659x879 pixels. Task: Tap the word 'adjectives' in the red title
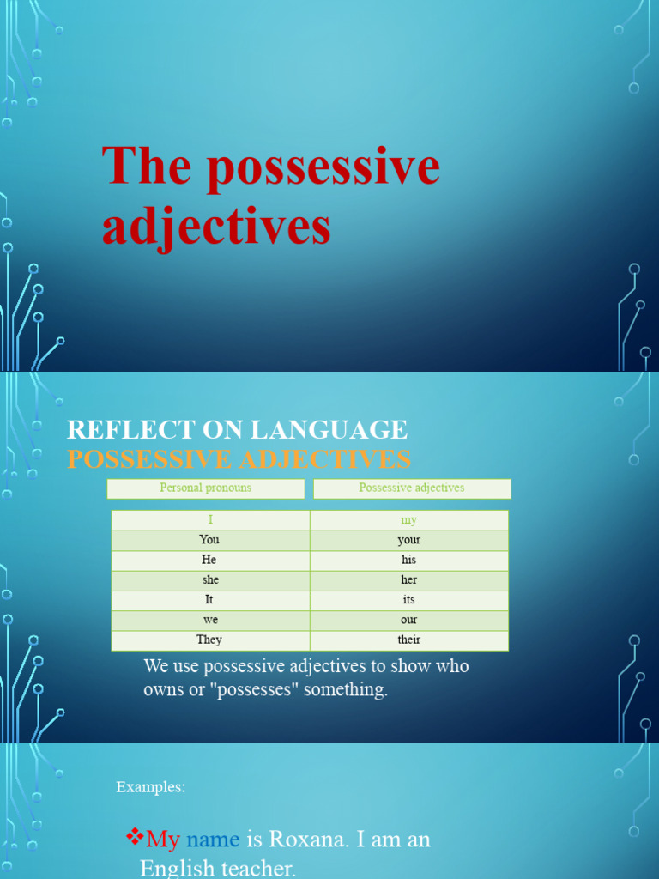coord(216,227)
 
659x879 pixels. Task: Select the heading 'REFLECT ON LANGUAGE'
coord(237,429)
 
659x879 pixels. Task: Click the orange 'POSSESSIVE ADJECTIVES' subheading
coord(239,459)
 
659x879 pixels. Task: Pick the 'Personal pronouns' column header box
coord(206,488)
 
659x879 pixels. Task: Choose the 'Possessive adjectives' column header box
coord(412,488)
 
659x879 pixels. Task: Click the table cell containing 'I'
coord(210,520)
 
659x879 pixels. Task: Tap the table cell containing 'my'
coord(409,520)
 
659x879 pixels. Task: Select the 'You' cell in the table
coord(210,540)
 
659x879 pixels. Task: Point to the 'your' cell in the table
coord(409,540)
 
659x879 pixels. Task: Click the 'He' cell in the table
coord(210,560)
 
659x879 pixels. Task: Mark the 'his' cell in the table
coord(409,560)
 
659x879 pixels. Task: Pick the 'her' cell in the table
coord(409,580)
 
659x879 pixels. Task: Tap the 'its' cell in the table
coord(409,600)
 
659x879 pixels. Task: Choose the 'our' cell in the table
coord(409,620)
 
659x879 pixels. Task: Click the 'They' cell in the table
coord(210,640)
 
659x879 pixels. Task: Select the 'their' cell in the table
coord(409,640)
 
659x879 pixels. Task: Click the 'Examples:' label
coord(151,787)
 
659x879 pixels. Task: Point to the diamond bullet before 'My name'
coord(134,835)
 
